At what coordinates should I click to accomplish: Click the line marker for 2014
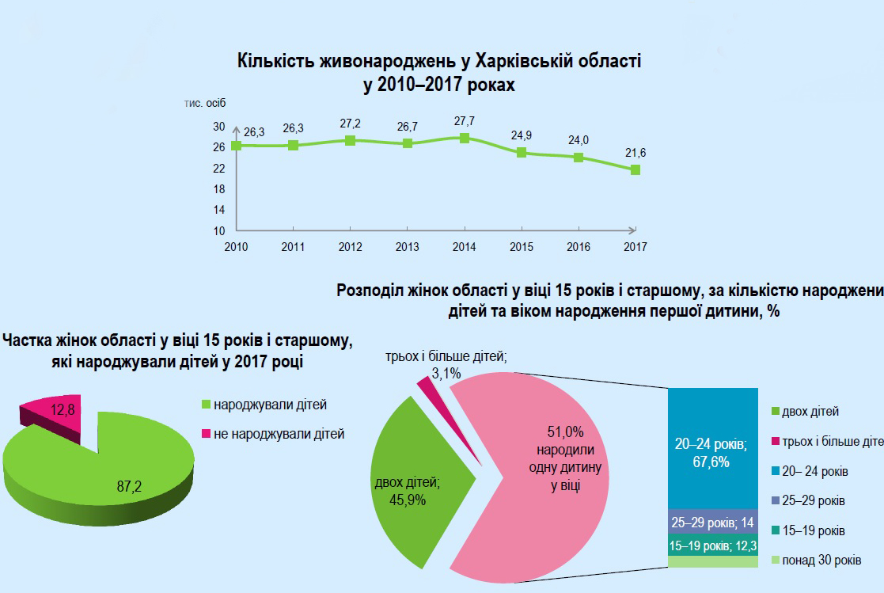point(464,138)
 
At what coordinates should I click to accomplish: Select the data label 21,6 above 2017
point(635,152)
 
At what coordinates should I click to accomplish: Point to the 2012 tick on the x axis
point(350,246)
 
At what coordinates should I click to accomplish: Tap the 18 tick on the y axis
point(218,189)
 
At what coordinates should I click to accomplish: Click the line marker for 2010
point(236,146)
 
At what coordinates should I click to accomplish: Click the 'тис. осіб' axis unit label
point(205,105)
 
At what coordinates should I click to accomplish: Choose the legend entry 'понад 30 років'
point(821,561)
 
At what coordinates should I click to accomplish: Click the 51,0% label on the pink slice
point(565,432)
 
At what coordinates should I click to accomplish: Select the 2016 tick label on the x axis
point(579,246)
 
